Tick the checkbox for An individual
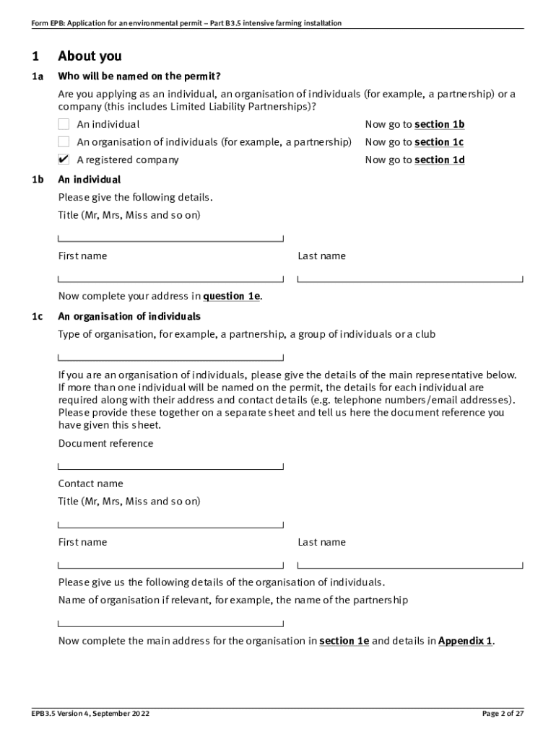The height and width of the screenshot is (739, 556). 64,124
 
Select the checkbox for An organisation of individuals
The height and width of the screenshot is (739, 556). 64,142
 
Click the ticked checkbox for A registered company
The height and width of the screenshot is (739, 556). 64,159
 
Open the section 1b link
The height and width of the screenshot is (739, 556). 439,124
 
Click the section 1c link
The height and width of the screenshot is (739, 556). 439,142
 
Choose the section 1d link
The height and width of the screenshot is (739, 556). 439,159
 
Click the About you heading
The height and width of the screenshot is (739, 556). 90,56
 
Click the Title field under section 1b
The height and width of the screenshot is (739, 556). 170,235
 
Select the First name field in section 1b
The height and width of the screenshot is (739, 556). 170,275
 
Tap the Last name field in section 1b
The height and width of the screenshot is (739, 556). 409,275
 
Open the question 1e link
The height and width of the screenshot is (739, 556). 231,296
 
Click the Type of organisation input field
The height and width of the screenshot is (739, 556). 170,354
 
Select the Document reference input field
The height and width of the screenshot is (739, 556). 170,463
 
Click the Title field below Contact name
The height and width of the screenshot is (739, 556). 170,520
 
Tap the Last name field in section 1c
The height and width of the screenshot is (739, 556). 409,561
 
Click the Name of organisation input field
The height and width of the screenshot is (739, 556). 170,620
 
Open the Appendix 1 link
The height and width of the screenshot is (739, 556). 466,641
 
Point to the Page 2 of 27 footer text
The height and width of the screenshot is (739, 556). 503,714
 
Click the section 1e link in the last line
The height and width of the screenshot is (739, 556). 344,641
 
